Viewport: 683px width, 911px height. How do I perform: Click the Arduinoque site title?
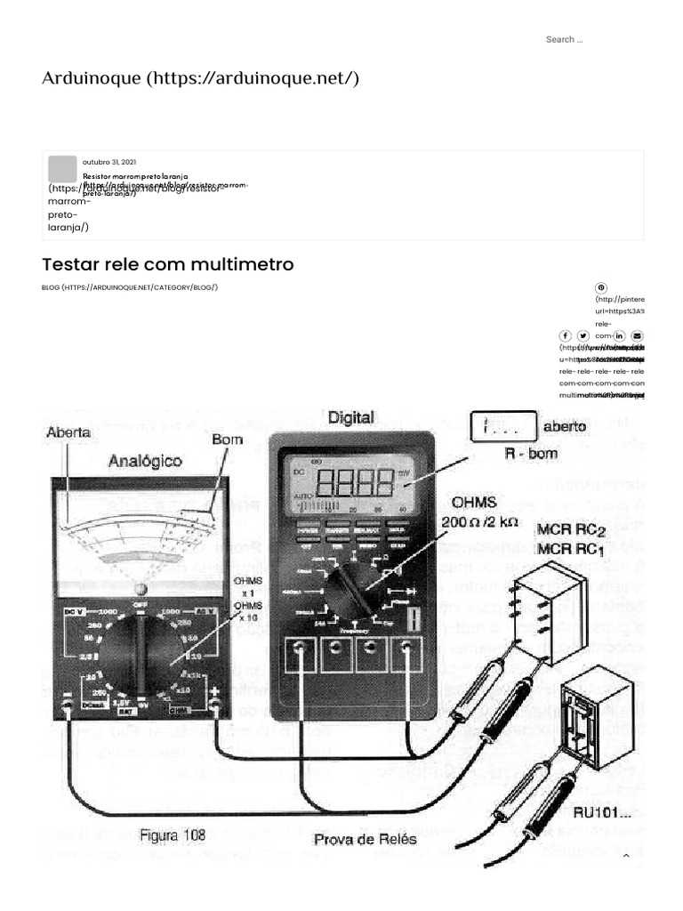click(x=200, y=78)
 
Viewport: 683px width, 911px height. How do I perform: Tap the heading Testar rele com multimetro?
click(x=167, y=265)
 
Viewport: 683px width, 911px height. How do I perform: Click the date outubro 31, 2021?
click(x=109, y=162)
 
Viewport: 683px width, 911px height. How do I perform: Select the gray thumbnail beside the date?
click(x=62, y=169)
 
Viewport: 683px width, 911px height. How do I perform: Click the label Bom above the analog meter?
click(x=228, y=439)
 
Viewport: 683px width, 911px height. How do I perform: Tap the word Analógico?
click(x=145, y=461)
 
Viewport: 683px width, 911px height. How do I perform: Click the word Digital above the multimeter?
click(x=351, y=416)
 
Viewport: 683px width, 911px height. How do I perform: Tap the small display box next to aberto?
click(x=502, y=427)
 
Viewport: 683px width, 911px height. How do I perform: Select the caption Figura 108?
click(x=173, y=835)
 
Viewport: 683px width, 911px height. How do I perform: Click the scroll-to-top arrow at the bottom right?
click(x=625, y=856)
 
